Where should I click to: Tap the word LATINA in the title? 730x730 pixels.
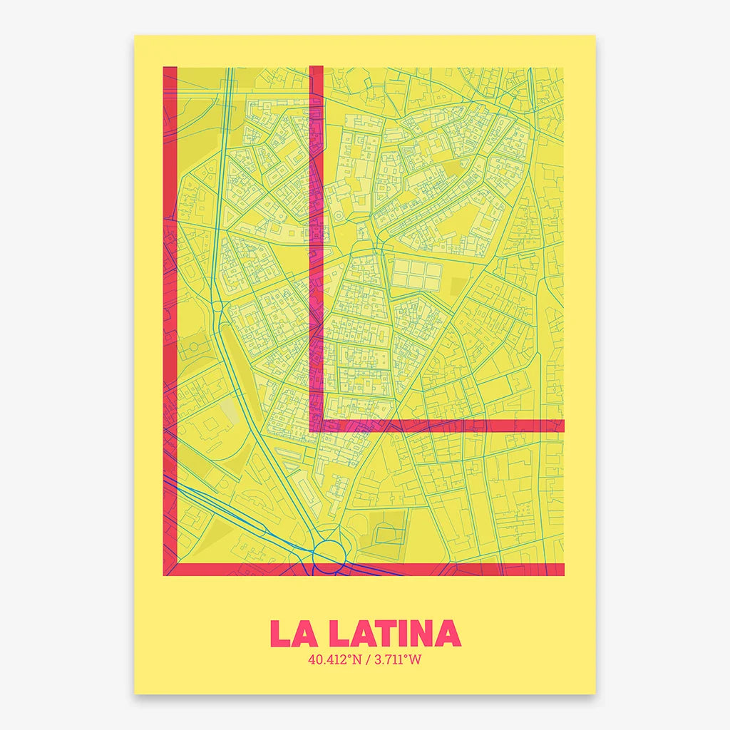click(388, 633)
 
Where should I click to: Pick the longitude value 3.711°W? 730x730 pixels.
click(396, 659)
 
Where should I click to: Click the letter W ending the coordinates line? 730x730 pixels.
click(415, 659)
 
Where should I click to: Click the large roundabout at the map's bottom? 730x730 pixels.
click(328, 553)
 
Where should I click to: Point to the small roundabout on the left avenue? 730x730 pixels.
click(217, 309)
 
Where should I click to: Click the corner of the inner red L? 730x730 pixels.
click(317, 426)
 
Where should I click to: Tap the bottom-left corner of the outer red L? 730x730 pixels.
click(170, 568)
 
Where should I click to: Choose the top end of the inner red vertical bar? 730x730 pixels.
click(317, 69)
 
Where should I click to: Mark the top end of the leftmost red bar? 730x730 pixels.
click(170, 70)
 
